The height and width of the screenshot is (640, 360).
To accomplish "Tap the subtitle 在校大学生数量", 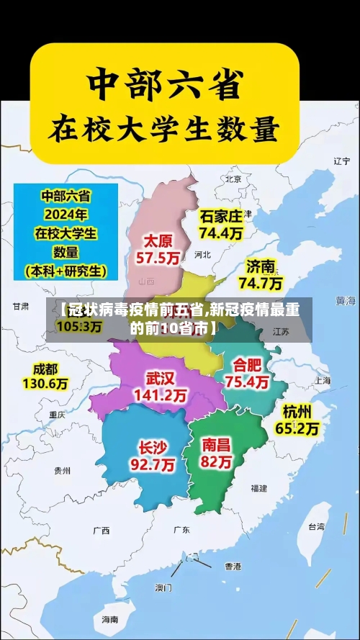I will [x=163, y=131].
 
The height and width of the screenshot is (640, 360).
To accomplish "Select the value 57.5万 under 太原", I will [x=161, y=257].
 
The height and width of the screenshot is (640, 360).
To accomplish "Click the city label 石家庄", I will [x=221, y=216].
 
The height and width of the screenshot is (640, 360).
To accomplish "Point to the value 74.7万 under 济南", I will [x=261, y=283].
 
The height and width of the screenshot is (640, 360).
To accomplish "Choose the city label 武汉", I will [x=160, y=378].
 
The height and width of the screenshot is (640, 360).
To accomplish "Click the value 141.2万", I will [x=160, y=395].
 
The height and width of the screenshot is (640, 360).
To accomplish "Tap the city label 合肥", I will [x=247, y=364].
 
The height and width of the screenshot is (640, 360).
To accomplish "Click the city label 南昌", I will [x=217, y=444].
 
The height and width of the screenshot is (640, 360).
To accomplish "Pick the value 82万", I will [x=217, y=462].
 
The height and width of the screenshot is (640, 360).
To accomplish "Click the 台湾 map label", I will [x=316, y=526].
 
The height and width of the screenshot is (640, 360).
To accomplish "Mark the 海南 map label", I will [x=110, y=619].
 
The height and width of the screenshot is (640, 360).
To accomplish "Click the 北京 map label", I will [x=233, y=179].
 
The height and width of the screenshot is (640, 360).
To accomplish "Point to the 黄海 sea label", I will [x=346, y=299].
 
